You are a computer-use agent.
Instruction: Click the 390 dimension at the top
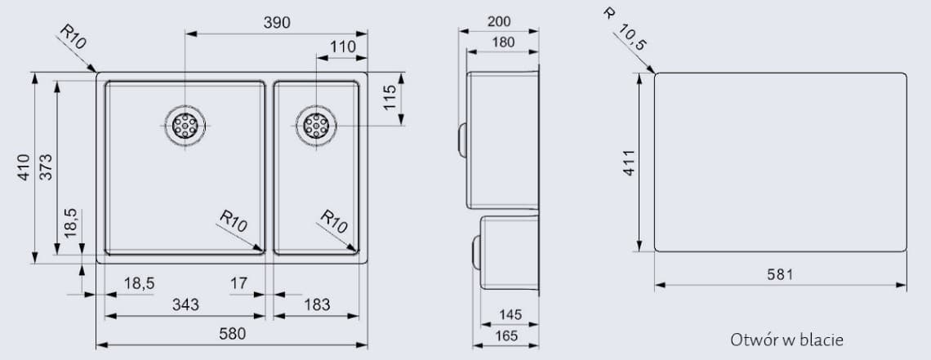[276, 23]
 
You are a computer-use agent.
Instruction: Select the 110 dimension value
[343, 47]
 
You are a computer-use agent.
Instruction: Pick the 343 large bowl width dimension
[185, 304]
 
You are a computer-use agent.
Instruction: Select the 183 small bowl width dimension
[317, 304]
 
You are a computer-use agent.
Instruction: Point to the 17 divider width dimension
[238, 283]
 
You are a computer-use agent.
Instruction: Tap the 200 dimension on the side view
[499, 21]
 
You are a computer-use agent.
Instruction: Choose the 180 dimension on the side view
[502, 42]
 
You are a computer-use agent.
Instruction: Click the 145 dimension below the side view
[511, 314]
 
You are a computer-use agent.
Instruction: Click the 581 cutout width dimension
[780, 275]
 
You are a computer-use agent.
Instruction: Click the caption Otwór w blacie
[786, 339]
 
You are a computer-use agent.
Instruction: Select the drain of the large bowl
[185, 125]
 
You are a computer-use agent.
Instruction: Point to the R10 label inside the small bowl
[335, 221]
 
